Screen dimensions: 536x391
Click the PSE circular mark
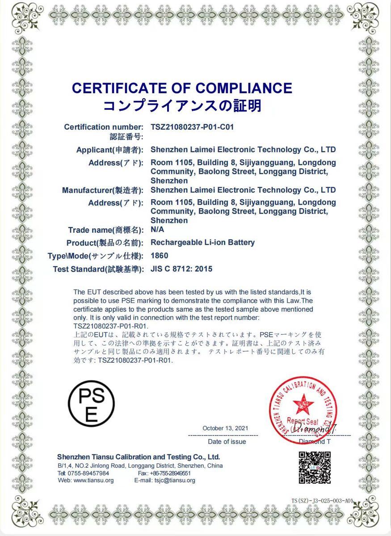coord(91,405)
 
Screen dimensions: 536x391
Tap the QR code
coord(315,468)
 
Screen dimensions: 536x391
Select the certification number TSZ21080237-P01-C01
coord(192,127)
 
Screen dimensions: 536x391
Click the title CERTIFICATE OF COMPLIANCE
coord(182,88)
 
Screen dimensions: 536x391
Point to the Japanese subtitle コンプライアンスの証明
coord(182,106)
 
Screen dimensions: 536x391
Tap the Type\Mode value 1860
coord(160,256)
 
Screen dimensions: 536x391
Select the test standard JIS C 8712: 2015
coord(181,269)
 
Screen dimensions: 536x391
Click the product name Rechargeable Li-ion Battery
coord(202,243)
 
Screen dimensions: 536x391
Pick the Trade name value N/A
coord(157,230)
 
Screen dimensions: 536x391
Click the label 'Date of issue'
coord(227,442)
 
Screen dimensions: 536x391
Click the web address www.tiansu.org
coord(93,480)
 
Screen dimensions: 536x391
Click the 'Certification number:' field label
coord(104,127)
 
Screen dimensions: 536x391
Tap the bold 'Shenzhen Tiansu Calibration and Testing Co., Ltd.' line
coord(139,457)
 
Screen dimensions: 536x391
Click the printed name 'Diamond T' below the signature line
coord(315,442)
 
